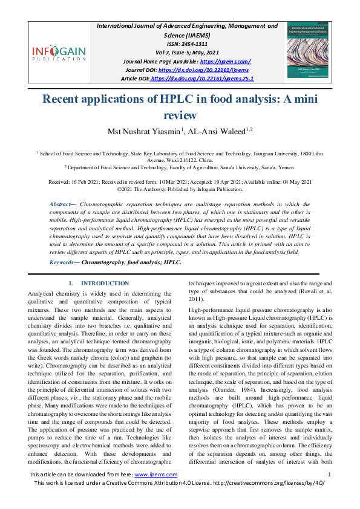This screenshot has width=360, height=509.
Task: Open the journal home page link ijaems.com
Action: (224, 62)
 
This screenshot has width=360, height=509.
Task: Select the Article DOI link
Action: (202, 79)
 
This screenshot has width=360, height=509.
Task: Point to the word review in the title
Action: (180, 115)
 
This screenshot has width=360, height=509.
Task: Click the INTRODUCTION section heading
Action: (105, 283)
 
